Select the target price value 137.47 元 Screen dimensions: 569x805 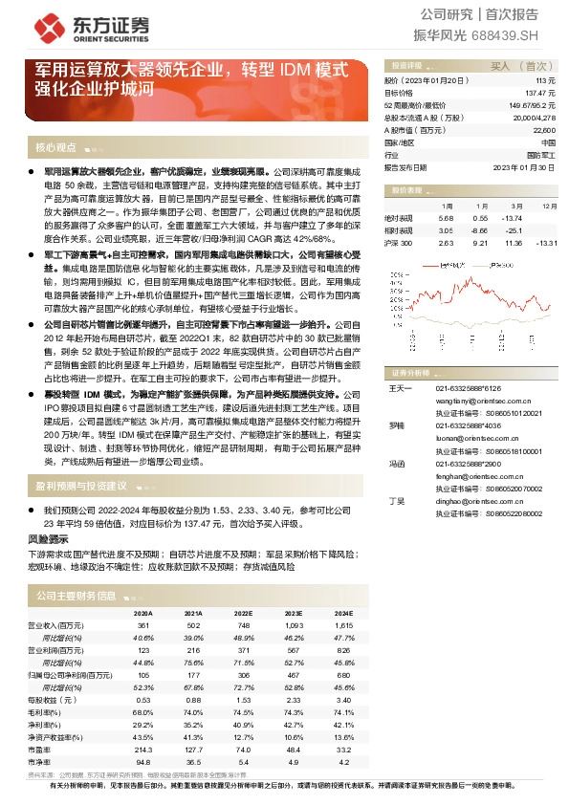(541, 93)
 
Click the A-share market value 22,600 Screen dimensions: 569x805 (543, 129)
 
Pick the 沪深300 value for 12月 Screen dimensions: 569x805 (547, 244)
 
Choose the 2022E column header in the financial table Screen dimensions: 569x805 (242, 613)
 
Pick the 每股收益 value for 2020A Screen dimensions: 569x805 (143, 700)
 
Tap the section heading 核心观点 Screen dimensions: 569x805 (55, 148)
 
